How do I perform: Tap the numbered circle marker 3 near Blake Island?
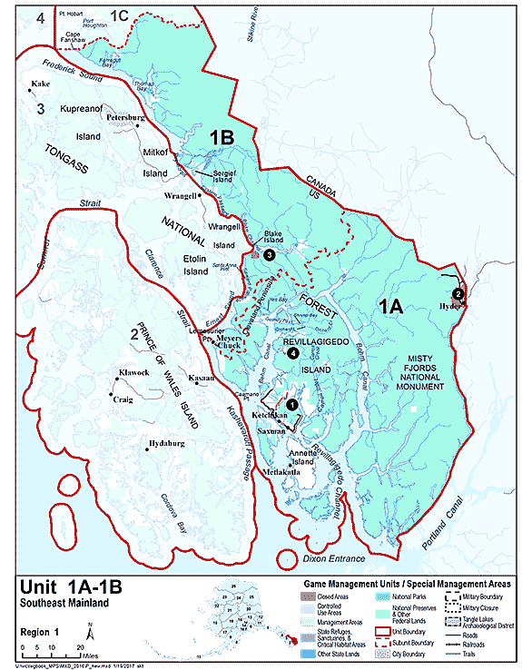270,255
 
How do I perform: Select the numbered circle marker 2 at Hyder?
458,293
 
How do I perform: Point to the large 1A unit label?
390,308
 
